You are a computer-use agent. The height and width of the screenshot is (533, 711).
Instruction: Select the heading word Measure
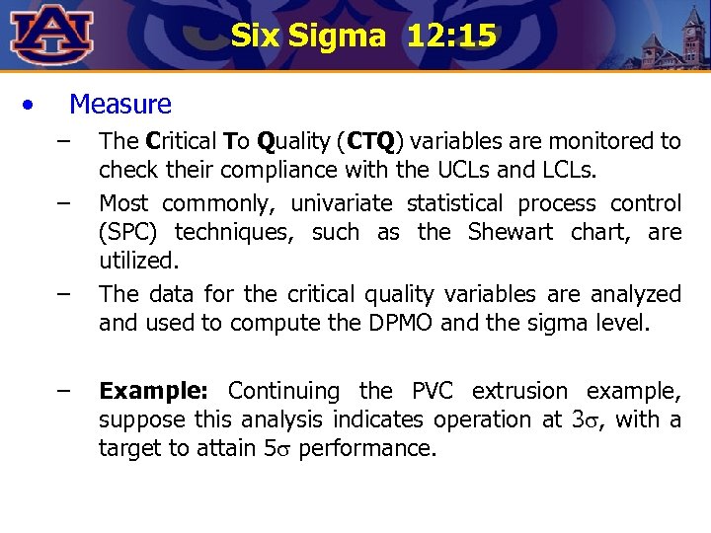pos(120,105)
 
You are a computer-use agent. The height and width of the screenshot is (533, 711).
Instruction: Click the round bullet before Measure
pos(34,104)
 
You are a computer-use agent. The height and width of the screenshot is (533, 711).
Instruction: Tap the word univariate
pos(341,204)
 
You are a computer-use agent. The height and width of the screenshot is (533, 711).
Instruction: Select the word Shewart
pos(513,233)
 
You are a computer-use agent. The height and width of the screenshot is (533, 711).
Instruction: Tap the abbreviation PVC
pos(434,391)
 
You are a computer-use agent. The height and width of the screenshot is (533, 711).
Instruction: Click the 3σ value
pos(589,419)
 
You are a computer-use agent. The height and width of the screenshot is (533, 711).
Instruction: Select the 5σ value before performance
pos(276,448)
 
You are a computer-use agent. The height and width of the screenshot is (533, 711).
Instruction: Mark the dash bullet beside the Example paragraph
pos(64,391)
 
